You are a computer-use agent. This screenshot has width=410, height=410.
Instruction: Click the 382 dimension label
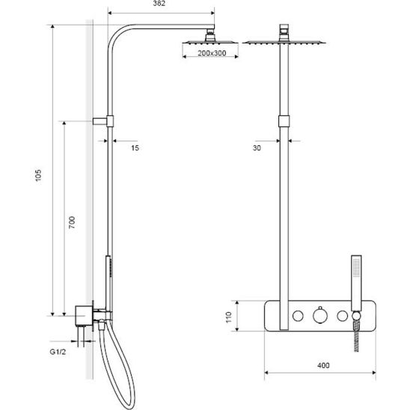click(159, 4)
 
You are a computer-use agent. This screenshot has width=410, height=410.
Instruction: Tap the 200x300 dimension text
click(212, 53)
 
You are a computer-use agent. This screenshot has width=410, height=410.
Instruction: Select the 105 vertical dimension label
click(38, 176)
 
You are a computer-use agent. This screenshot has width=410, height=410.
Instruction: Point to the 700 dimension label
click(72, 222)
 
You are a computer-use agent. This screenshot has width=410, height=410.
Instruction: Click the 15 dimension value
click(135, 148)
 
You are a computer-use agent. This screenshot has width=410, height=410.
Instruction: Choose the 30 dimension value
click(257, 148)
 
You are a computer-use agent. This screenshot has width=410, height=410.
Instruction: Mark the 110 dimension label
click(229, 317)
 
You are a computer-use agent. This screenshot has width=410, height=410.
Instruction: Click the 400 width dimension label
click(323, 365)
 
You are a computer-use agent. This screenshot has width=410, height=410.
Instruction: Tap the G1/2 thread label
click(58, 352)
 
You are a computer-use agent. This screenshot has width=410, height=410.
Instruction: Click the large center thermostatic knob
click(320, 315)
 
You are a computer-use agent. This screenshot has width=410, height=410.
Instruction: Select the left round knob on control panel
click(298, 316)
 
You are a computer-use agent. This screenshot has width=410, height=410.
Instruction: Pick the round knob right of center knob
click(342, 316)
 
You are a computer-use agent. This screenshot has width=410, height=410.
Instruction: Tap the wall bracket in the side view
click(103, 121)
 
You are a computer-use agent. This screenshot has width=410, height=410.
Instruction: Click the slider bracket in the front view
click(284, 121)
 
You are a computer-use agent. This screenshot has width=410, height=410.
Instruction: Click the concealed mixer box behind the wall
click(83, 316)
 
